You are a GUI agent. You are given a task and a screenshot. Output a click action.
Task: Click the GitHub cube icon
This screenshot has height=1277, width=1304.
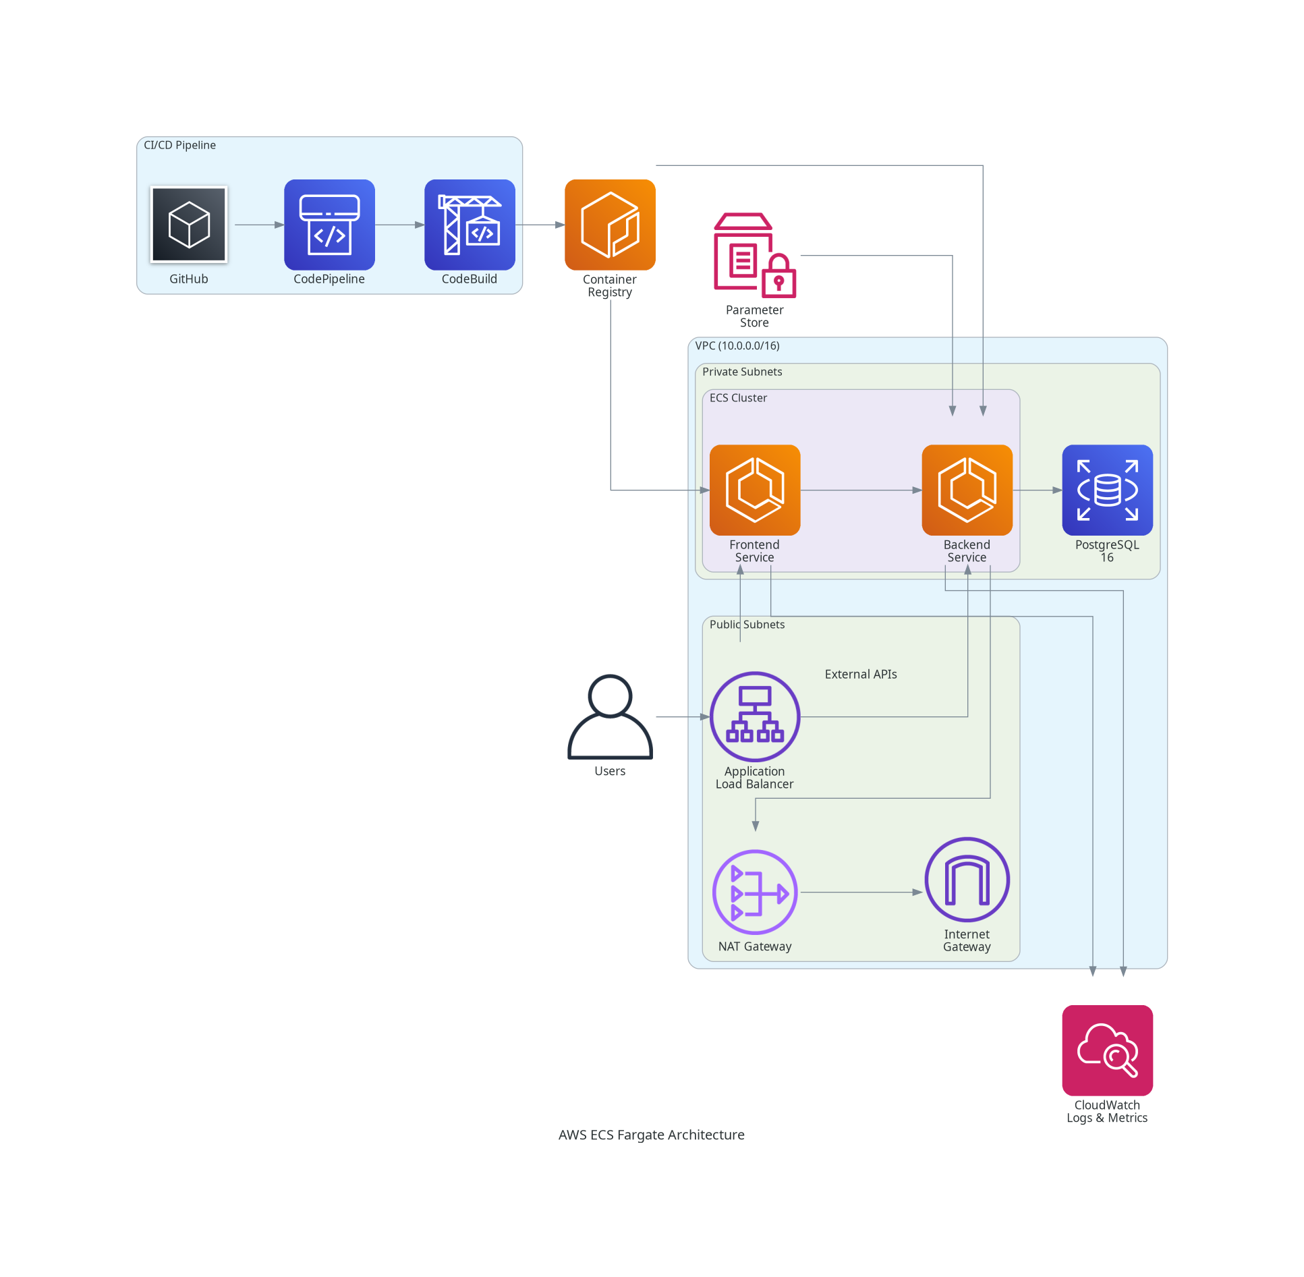point(189,224)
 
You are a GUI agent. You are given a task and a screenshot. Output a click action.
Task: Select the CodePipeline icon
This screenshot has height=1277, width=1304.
point(329,224)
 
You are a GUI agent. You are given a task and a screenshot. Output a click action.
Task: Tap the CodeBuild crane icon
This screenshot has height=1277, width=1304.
point(470,224)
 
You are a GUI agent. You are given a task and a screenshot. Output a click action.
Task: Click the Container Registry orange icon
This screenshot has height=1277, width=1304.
point(610,224)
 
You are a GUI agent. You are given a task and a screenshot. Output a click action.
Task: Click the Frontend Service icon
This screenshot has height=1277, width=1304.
point(755,490)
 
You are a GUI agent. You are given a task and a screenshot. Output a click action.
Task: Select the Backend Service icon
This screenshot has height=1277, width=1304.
point(967,490)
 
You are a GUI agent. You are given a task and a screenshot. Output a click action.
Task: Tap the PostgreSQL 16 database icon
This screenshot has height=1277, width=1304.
point(1107,490)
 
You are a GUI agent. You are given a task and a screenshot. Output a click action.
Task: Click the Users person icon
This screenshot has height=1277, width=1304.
point(610,716)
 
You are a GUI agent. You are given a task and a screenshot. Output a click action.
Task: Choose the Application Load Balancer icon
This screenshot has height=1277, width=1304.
point(755,716)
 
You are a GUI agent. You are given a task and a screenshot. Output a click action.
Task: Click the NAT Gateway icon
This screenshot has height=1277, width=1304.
point(755,892)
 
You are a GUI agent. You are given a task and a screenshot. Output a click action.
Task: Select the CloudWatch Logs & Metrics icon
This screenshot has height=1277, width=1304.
point(1107,1050)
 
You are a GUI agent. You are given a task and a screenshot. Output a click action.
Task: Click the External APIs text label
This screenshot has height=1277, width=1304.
point(861,674)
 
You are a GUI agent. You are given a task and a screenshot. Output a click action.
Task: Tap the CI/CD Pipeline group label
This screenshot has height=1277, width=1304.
point(179,145)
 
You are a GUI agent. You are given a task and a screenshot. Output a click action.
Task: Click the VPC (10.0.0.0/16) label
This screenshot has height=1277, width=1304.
point(737,345)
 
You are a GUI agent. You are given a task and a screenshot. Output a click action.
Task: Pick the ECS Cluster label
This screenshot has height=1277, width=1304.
point(738,398)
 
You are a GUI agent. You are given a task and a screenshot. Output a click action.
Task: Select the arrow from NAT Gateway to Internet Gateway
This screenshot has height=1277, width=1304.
point(861,892)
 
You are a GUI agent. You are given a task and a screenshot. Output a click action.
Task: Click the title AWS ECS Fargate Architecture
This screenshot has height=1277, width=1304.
point(651,1135)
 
